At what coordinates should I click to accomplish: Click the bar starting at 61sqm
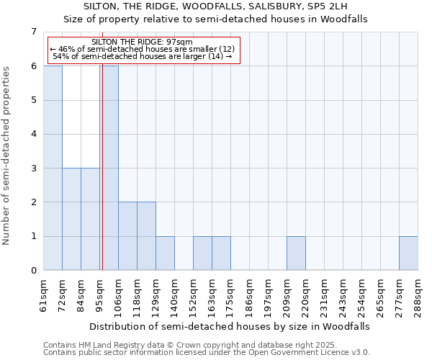[53, 168]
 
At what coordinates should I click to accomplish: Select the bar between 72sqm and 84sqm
[71, 219]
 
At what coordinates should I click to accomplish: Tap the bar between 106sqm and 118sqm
[127, 236]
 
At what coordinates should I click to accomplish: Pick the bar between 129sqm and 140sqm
[165, 253]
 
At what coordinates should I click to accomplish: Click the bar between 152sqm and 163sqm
[202, 253]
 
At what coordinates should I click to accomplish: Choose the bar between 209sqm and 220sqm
[296, 253]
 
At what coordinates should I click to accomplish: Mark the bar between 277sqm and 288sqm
[408, 253]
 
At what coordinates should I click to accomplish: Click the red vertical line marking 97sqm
[102, 180]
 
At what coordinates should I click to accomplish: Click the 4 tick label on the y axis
[33, 134]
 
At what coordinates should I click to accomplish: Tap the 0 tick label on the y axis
[33, 271]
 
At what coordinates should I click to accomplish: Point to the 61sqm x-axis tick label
[43, 294]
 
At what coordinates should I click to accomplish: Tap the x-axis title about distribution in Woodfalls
[230, 326]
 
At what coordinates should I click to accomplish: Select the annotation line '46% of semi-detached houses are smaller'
[143, 50]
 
